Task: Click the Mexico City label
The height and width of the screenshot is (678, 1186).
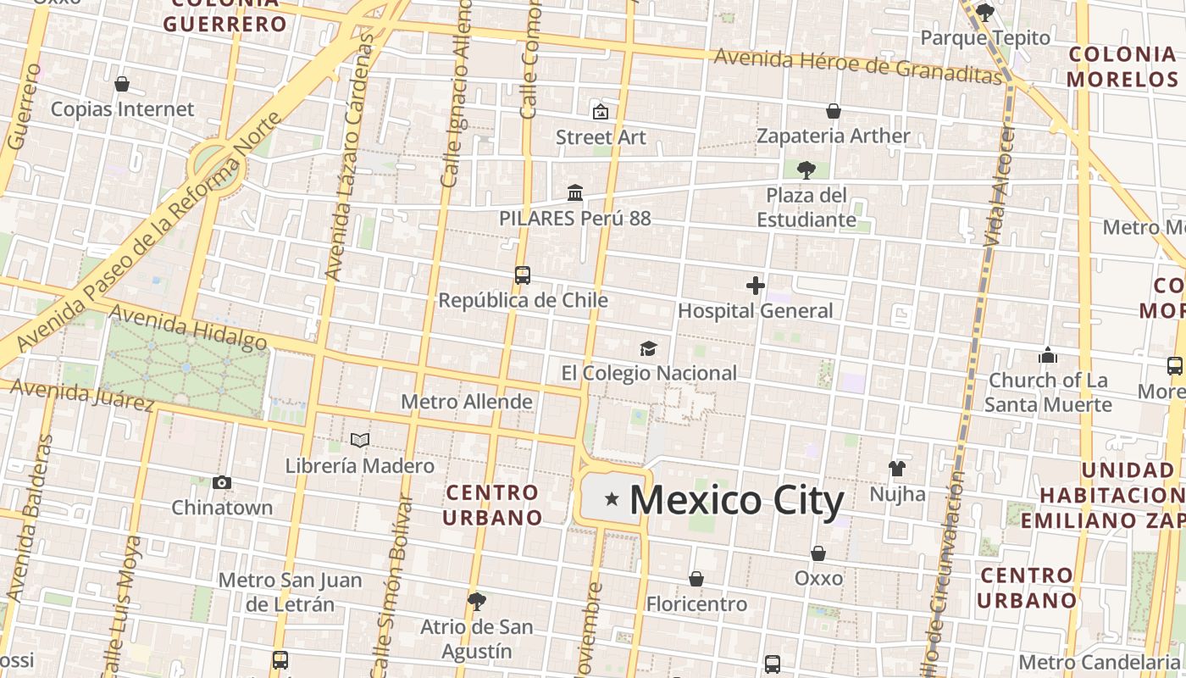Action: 736,500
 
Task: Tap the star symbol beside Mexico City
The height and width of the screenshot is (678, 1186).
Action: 612,500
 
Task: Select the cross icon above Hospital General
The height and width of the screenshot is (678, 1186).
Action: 756,286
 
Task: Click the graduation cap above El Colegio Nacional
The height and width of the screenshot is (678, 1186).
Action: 648,348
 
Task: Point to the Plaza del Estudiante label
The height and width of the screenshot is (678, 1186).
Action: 806,208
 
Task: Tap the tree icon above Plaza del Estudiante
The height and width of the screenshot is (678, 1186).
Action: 806,169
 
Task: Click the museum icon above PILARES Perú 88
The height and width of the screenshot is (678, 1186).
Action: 575,193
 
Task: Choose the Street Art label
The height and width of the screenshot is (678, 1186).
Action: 601,137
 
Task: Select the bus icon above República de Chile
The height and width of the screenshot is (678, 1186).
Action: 523,275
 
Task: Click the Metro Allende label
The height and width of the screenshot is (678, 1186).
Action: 467,402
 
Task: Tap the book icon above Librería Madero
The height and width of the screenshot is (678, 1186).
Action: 360,441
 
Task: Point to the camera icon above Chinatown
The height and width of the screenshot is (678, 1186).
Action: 222,483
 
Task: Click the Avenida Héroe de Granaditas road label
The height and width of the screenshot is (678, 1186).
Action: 858,65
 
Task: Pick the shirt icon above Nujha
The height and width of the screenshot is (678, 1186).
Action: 897,468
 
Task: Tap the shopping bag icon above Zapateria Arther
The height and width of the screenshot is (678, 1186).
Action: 834,111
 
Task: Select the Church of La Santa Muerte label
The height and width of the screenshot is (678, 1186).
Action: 1048,392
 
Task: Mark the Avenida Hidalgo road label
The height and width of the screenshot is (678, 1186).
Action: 188,328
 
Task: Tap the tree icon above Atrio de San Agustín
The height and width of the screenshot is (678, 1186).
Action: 477,602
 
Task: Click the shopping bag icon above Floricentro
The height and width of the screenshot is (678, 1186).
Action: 696,579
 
